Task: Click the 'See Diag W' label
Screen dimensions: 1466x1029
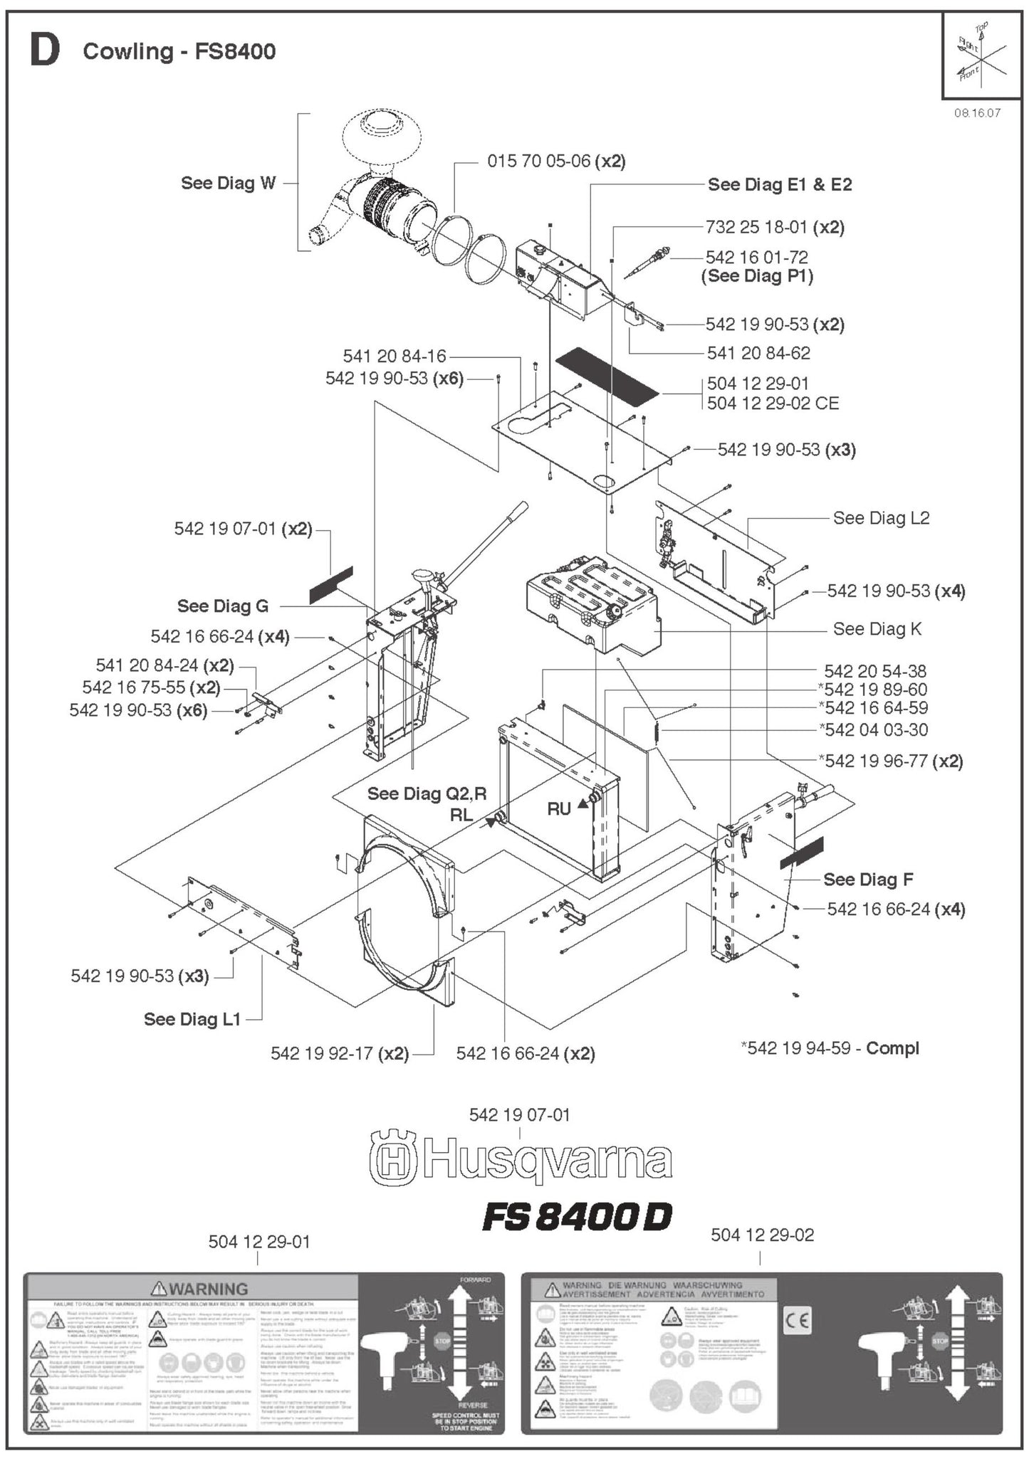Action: pyautogui.click(x=228, y=183)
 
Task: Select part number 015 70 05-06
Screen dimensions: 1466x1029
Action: pyautogui.click(x=538, y=162)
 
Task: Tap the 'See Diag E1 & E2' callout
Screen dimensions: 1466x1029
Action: pyautogui.click(x=779, y=185)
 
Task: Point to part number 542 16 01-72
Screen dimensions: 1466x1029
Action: pyautogui.click(x=756, y=257)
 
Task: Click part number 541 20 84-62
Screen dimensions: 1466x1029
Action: pyautogui.click(x=758, y=353)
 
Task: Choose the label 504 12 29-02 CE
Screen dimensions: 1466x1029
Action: pyautogui.click(x=773, y=404)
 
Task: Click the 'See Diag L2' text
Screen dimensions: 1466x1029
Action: pyautogui.click(x=881, y=518)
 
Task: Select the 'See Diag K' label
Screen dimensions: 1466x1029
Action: pyautogui.click(x=877, y=629)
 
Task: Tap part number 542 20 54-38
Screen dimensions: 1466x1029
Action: pyautogui.click(x=874, y=671)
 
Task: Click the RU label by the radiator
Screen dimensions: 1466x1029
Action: pyautogui.click(x=559, y=808)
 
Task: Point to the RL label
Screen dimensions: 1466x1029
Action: pyautogui.click(x=461, y=816)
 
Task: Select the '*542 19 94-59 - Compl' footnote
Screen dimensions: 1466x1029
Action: pyautogui.click(x=830, y=1048)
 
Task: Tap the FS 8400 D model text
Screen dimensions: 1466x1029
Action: pyautogui.click(x=577, y=1218)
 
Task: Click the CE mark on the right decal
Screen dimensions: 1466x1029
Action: pyautogui.click(x=797, y=1322)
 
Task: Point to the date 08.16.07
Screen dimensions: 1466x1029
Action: pyautogui.click(x=977, y=113)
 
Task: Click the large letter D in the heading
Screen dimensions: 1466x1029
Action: pyautogui.click(x=44, y=51)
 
